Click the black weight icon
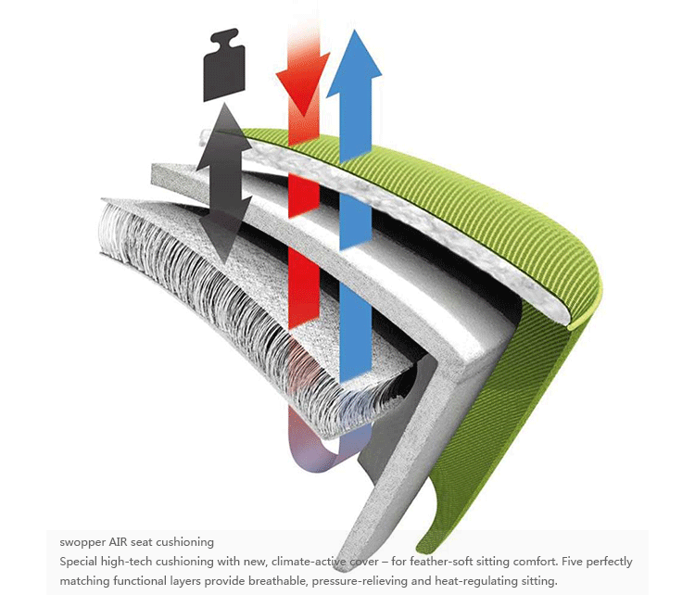click(223, 66)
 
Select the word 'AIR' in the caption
click(120, 541)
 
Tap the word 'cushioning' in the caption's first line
click(186, 541)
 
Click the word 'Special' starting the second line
click(78, 562)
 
